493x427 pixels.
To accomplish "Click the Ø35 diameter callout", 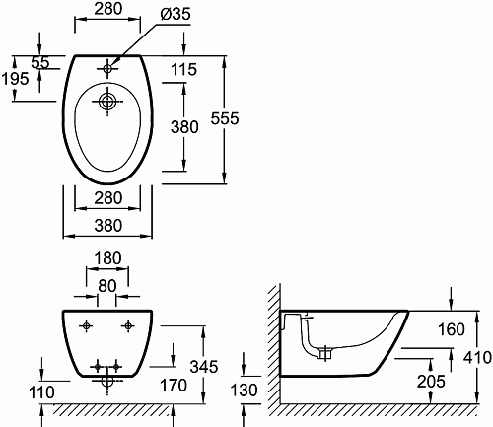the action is [176, 15].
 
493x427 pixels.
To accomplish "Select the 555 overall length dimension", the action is [225, 118].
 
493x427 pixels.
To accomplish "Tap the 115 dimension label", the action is [184, 69].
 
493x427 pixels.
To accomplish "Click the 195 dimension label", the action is [15, 79].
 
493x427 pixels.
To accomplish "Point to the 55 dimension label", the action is [40, 62].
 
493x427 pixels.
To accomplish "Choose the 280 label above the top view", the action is [108, 9].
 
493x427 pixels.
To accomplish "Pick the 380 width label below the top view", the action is [108, 226].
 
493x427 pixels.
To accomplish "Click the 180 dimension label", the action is [107, 258].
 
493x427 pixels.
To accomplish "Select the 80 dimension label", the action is [107, 286].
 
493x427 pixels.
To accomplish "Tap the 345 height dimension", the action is [204, 367].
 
